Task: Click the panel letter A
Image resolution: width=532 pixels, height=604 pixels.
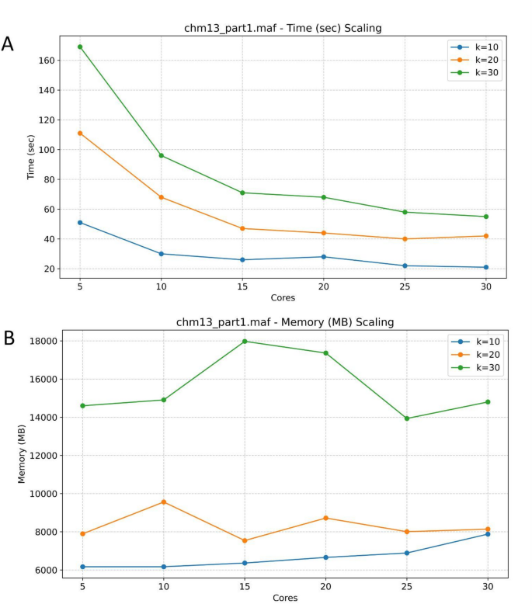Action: click(8, 43)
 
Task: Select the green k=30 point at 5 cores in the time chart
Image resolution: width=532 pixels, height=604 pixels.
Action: click(80, 47)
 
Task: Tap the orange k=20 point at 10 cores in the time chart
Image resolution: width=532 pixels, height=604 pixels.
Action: click(162, 197)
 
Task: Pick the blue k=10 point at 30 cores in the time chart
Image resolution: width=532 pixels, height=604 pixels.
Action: click(486, 267)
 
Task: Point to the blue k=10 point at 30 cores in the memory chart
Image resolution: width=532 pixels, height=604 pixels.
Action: click(486, 534)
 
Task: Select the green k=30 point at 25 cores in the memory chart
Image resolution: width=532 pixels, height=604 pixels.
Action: click(405, 418)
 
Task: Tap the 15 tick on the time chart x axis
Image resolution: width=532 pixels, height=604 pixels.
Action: click(243, 285)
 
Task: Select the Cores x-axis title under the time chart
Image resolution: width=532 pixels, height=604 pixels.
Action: click(283, 298)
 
